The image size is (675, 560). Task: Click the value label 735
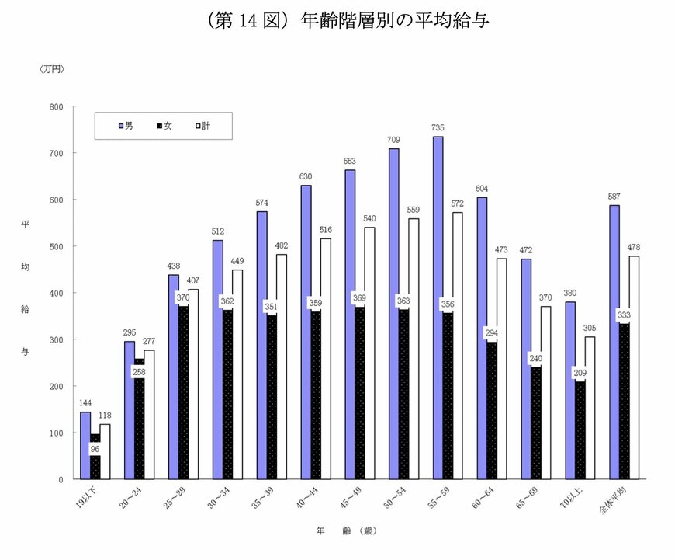(x=438, y=127)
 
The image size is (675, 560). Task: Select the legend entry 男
(x=125, y=124)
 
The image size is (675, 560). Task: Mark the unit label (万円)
(x=51, y=69)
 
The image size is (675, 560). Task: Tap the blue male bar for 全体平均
(x=614, y=342)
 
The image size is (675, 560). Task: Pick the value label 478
(x=635, y=247)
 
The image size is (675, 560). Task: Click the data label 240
(x=535, y=359)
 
